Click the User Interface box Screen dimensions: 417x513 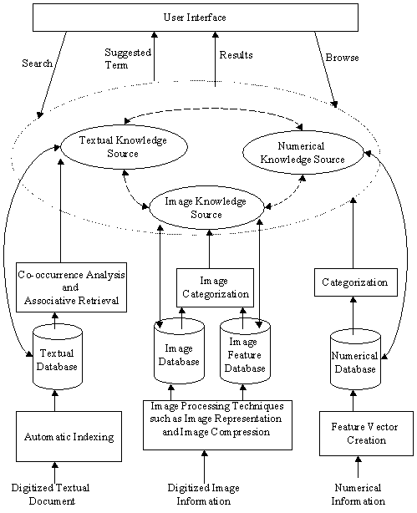point(196,18)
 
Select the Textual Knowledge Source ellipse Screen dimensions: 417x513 point(124,147)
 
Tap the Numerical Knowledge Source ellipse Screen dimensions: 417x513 point(303,152)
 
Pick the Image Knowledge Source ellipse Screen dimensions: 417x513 point(206,207)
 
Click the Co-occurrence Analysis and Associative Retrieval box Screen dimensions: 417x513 point(71,287)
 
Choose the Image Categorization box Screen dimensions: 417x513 point(215,287)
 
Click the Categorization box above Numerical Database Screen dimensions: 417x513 point(356,282)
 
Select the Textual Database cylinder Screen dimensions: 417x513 point(58,355)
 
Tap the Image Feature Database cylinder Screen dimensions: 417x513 point(245,352)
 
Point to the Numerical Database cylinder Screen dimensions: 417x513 point(355,358)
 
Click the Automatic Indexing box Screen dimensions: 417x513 point(69,436)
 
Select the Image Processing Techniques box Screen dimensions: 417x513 point(217,425)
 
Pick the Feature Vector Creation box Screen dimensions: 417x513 point(366,434)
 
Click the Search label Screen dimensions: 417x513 point(37,63)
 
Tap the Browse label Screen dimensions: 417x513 point(342,58)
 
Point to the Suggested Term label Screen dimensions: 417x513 point(128,58)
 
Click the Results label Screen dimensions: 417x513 point(236,55)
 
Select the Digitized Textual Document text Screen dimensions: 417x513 point(51,494)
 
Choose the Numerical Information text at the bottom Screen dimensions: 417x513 point(358,494)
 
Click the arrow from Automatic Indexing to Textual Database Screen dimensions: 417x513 point(54,399)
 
